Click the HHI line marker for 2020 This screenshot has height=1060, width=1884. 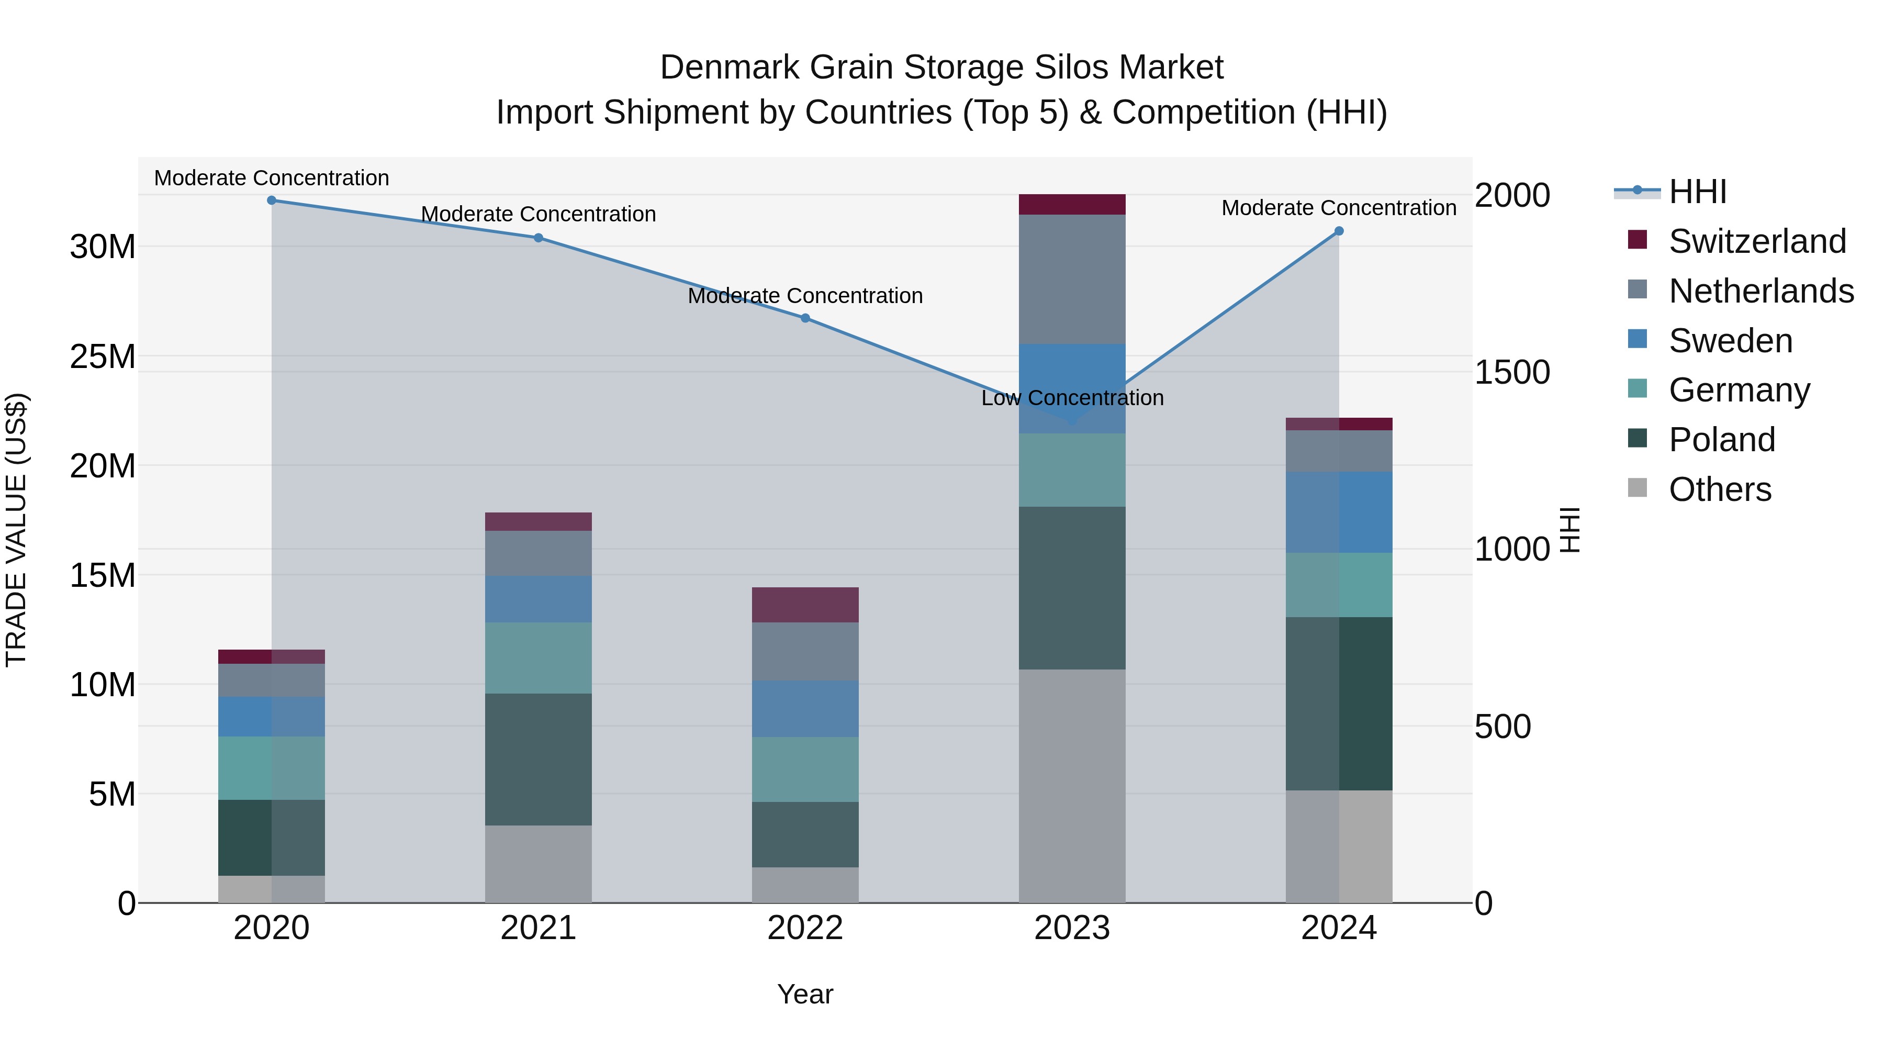click(x=271, y=200)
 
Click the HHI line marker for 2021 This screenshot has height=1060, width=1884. click(x=539, y=238)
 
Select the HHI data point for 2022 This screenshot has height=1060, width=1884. click(x=805, y=318)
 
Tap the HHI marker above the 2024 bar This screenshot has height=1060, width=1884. click(x=1339, y=231)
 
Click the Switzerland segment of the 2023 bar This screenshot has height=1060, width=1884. click(x=1072, y=204)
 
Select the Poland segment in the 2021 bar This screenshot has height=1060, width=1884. click(x=539, y=760)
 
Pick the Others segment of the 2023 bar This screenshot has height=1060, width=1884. click(x=1072, y=786)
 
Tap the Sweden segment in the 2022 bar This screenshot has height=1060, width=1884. click(x=805, y=709)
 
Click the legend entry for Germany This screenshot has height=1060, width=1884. click(x=1739, y=390)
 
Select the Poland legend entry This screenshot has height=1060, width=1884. click(x=1722, y=440)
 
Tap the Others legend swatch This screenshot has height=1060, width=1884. click(x=1638, y=488)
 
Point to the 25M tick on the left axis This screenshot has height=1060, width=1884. click(x=103, y=356)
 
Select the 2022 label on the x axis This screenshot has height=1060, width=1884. click(x=805, y=928)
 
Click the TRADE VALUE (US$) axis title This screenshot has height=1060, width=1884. click(x=17, y=530)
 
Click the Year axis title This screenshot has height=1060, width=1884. click(x=805, y=994)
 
